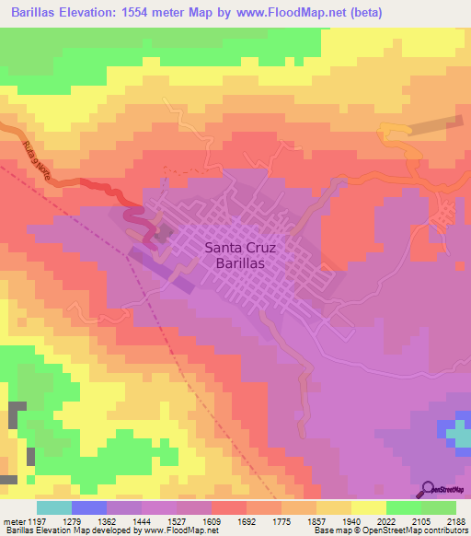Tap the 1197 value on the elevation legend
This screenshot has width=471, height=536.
(36, 521)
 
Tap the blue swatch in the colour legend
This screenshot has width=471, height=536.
(88, 507)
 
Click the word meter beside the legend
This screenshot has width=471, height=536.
(11, 521)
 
